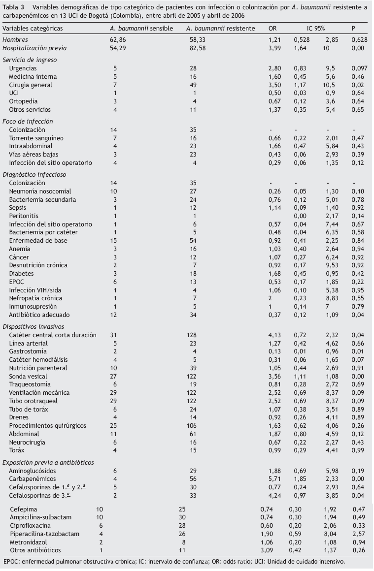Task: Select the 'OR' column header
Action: [272, 29]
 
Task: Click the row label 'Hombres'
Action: [15, 39]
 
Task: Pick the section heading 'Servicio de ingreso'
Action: [29, 59]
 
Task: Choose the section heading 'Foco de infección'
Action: [28, 121]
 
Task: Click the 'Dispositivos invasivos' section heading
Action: [33, 326]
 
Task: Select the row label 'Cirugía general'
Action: [33, 85]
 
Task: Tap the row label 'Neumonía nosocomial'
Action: [40, 191]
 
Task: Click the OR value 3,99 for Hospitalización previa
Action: [274, 48]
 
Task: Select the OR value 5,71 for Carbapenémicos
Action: [274, 478]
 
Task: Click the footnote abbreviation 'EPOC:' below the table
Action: [12, 561]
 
